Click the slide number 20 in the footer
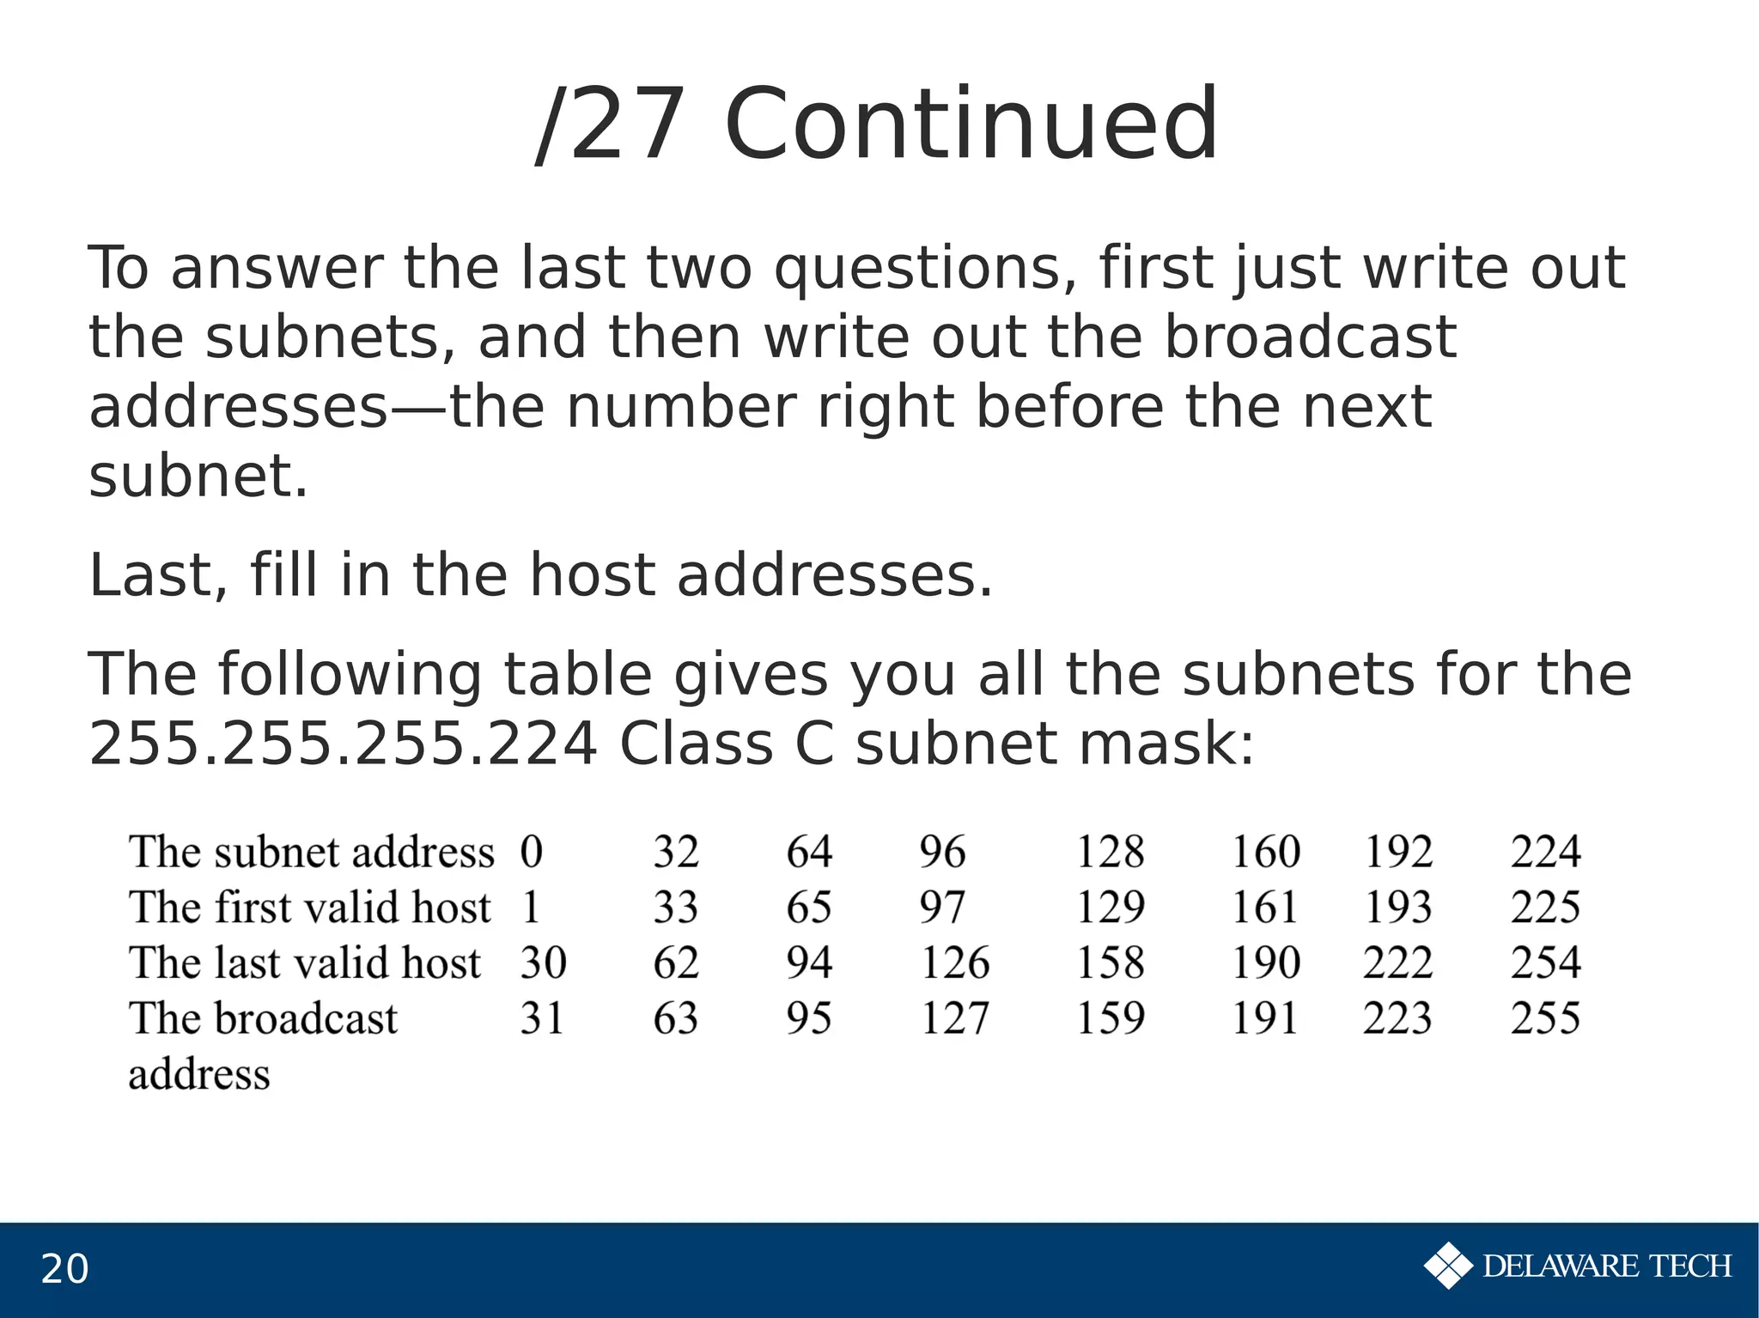tap(64, 1269)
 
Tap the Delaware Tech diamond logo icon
tap(1447, 1266)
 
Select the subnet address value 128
tap(1110, 852)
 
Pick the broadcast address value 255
tap(1545, 1017)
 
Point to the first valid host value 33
tap(675, 907)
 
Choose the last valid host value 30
tap(543, 963)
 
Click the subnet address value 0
tap(532, 852)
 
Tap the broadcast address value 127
tap(954, 1017)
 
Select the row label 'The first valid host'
tap(310, 907)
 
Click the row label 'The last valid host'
tap(305, 963)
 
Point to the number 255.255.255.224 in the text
tap(344, 744)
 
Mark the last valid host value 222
tap(1397, 963)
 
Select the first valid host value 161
tap(1264, 907)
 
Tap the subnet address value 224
tap(1545, 852)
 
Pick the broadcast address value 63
tap(675, 1017)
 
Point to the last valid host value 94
tap(808, 963)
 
